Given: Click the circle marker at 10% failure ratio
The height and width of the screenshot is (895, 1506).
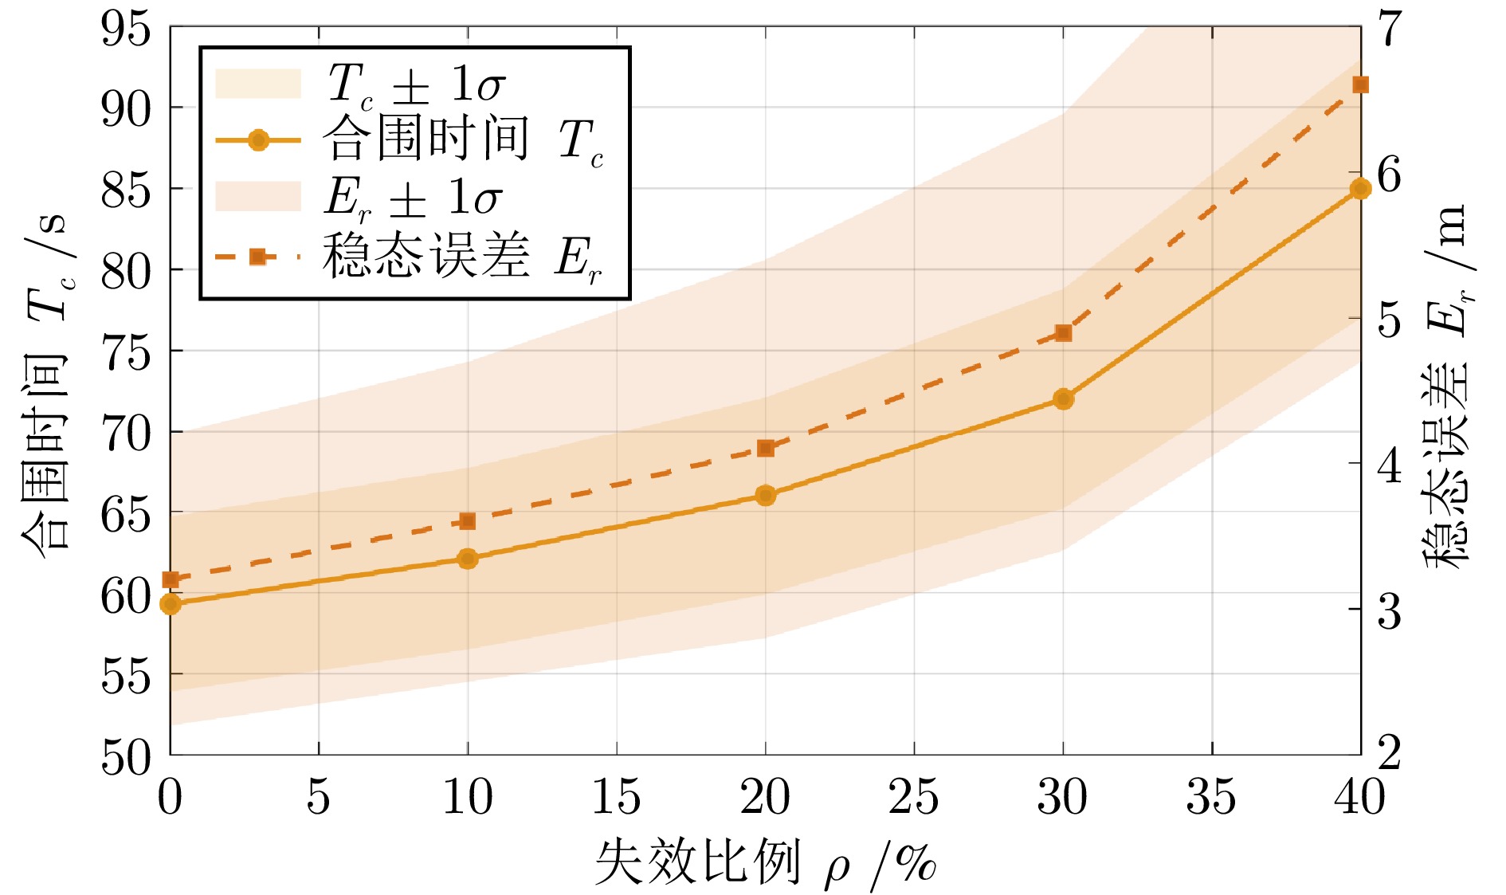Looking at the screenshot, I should (468, 558).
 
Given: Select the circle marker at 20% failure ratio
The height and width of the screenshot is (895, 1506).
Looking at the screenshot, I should (765, 495).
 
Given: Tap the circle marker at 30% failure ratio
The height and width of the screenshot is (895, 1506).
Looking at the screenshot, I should (1063, 398).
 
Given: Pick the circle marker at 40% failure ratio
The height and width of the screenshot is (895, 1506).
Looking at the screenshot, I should (1360, 189).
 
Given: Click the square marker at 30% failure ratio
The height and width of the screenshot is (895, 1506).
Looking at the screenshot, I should (1063, 332).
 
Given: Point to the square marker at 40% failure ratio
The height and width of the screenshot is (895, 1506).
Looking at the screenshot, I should (1360, 85).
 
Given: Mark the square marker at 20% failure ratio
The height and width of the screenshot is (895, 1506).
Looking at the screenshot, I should (765, 448).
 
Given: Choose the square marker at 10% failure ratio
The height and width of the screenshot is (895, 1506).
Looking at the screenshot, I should (468, 521).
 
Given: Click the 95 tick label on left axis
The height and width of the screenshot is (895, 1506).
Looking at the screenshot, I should (125, 30).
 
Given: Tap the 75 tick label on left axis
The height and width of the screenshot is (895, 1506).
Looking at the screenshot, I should (125, 352).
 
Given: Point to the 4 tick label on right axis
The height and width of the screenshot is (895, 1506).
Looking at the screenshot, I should (1390, 465).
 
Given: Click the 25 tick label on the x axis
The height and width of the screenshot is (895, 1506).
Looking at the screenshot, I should (913, 797).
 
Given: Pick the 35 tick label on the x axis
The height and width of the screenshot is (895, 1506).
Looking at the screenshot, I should (1211, 797).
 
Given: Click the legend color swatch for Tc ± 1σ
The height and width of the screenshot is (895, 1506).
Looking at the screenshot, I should (258, 83).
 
